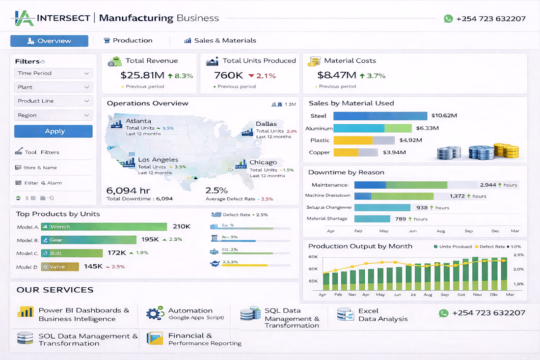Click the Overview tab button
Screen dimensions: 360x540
click(x=49, y=41)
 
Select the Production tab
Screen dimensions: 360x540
click(x=128, y=41)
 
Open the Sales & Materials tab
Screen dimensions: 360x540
click(x=220, y=41)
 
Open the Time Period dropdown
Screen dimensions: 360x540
click(x=53, y=73)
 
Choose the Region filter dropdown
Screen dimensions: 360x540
click(x=53, y=115)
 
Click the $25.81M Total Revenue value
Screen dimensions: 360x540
click(x=142, y=76)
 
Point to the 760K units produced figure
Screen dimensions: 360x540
click(x=229, y=76)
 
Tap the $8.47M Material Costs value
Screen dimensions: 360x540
click(x=336, y=76)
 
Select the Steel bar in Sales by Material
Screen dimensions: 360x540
click(x=380, y=116)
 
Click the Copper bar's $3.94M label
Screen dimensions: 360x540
click(x=394, y=152)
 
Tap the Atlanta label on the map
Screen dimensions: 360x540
click(x=138, y=121)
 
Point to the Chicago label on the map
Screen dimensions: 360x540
click(x=263, y=163)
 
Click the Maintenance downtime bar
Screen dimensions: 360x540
click(x=401, y=185)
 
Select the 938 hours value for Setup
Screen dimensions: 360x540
click(x=422, y=208)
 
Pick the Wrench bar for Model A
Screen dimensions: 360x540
click(x=104, y=227)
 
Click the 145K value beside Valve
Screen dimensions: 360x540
click(x=93, y=266)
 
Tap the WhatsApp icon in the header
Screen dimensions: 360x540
click(x=448, y=19)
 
